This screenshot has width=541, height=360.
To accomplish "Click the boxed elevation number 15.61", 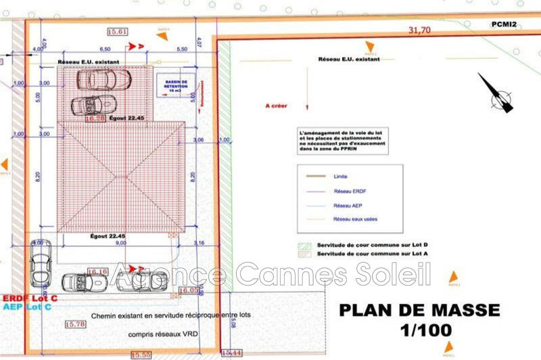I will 117,31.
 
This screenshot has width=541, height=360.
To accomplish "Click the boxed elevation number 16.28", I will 95,118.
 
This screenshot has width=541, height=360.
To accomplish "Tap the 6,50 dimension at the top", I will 105,49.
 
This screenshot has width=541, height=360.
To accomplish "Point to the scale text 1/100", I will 419,332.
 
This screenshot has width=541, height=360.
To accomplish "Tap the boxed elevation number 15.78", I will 75,325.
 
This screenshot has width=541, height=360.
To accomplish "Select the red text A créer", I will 277,106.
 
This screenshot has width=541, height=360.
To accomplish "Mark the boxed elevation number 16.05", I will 189,290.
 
